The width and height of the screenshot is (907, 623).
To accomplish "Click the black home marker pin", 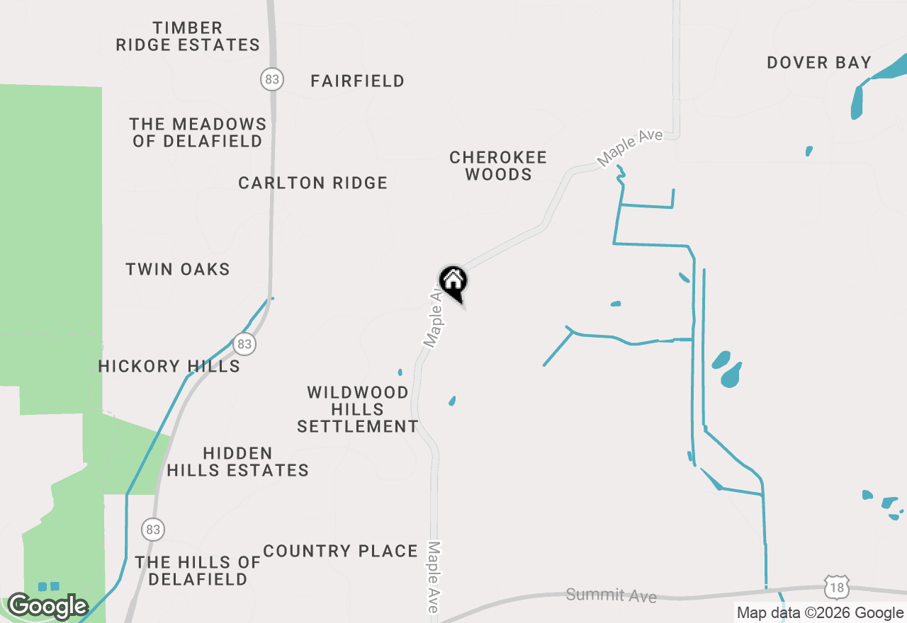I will coord(453,282).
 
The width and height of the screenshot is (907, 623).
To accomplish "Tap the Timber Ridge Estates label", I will coord(188,37).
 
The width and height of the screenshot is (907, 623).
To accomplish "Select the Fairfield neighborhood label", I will coord(357,81).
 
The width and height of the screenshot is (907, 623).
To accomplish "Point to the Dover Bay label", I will coord(818,63).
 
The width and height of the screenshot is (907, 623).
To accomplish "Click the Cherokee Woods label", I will coord(498,166).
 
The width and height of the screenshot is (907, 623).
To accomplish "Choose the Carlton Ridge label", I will coord(312,183).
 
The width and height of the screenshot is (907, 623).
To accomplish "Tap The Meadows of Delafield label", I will coord(198,132).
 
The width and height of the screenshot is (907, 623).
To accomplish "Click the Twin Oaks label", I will coord(178,270).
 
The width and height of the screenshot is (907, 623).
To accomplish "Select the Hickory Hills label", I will coord(169,367).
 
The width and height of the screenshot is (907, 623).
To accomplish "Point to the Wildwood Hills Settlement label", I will coord(358,409).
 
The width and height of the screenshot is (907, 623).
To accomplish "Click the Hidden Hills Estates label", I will coord(237,462).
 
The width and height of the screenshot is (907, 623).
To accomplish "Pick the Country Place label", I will coord(340,551).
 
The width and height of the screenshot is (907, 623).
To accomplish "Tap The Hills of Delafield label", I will coord(198,571).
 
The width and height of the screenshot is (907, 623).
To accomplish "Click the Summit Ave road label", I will coord(611,595).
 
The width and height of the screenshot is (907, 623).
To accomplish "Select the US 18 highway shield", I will coord(837,586).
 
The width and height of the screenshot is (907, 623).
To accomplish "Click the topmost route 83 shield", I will coord(271,79).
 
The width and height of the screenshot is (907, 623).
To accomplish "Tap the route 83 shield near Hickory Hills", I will coord(244,345).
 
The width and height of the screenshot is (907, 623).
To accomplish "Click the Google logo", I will coord(47,606).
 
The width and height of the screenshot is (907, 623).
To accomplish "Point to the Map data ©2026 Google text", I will coord(820,613).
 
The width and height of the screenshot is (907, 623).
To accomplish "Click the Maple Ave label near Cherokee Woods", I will coord(630,147).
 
